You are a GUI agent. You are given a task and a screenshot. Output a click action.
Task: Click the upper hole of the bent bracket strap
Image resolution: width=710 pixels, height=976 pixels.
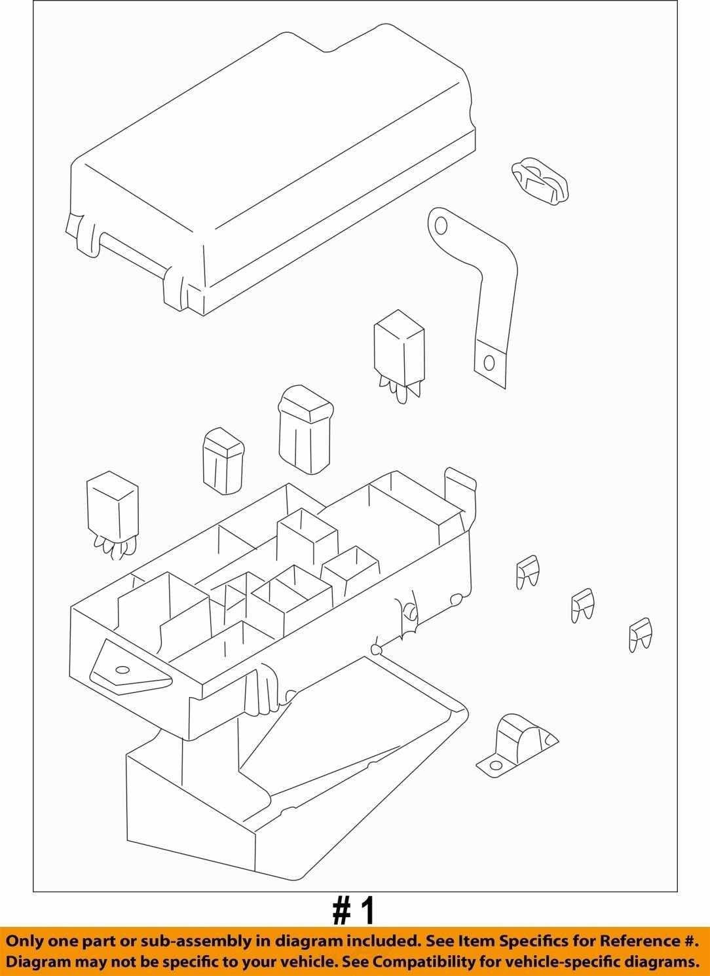[441, 225]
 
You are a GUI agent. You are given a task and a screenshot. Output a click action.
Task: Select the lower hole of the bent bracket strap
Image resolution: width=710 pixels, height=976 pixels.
[489, 364]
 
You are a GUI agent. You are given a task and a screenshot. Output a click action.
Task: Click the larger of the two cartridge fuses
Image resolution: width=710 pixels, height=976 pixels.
[305, 429]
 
